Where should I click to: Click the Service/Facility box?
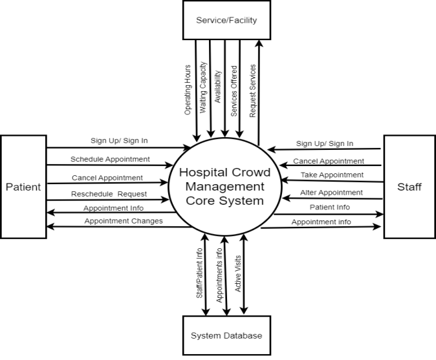pyautogui.click(x=226, y=20)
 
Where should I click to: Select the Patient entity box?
pyautogui.click(x=23, y=187)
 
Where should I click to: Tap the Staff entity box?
pyautogui.click(x=409, y=187)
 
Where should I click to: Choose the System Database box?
pyautogui.click(x=226, y=335)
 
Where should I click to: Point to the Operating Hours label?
pyautogui.click(x=188, y=90)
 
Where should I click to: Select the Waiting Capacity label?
pyautogui.click(x=202, y=90)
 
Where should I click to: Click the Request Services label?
pyautogui.click(x=253, y=89)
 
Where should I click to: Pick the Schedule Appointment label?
pyautogui.click(x=110, y=159)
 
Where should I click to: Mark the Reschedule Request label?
pyautogui.click(x=109, y=193)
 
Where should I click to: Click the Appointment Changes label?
pyautogui.click(x=123, y=221)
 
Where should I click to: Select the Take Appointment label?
pyautogui.click(x=331, y=175)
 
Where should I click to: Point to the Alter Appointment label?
pyautogui.click(x=331, y=192)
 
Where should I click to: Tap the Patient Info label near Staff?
pyautogui.click(x=330, y=207)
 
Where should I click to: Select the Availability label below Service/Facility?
pyautogui.click(x=218, y=87)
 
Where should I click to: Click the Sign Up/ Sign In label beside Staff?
pyautogui.click(x=325, y=143)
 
